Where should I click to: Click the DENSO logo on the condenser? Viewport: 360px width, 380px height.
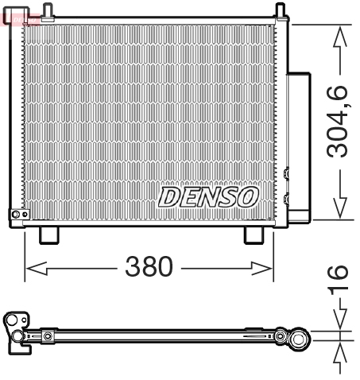208,196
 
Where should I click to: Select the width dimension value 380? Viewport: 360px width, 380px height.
148,268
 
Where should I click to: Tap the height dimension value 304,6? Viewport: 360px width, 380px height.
339,122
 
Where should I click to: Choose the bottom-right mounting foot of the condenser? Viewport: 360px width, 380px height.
254,235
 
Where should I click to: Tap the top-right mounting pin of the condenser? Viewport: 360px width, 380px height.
280,10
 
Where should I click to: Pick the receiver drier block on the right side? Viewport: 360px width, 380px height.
299,143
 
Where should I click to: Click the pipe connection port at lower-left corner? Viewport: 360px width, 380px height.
17,215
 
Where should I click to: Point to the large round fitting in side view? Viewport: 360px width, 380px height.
300,339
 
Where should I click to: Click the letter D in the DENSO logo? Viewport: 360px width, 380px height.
171,196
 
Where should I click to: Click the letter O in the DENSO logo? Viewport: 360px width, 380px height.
246,196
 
